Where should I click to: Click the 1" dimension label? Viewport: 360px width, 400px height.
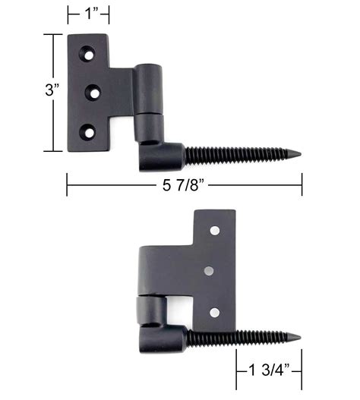point(88,14)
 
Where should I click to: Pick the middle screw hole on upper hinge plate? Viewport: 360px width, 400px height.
point(94,92)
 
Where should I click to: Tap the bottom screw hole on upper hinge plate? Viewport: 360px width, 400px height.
point(89,132)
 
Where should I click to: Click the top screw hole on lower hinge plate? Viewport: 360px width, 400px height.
point(215,228)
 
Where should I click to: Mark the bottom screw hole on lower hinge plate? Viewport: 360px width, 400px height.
point(215,312)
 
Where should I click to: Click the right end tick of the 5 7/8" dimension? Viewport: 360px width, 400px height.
point(302,184)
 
